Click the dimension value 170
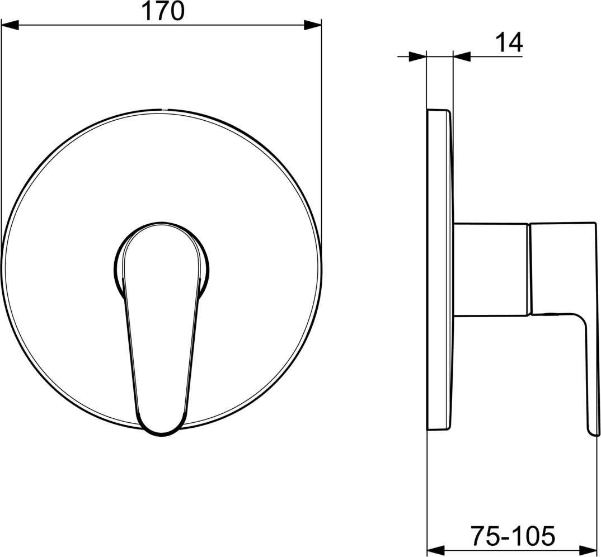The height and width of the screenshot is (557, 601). click(162, 11)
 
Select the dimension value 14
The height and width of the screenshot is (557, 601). click(509, 43)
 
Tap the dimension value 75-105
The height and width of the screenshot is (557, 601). click(512, 536)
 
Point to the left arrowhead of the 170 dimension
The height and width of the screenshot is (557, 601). click(10, 25)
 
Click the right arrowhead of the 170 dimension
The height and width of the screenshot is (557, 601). click(312, 25)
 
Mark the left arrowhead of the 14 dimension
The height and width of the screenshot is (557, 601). click(417, 56)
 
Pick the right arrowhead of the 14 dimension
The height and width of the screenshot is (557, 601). click(462, 56)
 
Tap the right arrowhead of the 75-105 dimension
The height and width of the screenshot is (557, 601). click(588, 550)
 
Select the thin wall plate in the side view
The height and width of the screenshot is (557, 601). click(438, 268)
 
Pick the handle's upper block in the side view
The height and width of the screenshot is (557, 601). click(563, 268)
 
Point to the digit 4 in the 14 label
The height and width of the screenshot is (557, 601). click(515, 43)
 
